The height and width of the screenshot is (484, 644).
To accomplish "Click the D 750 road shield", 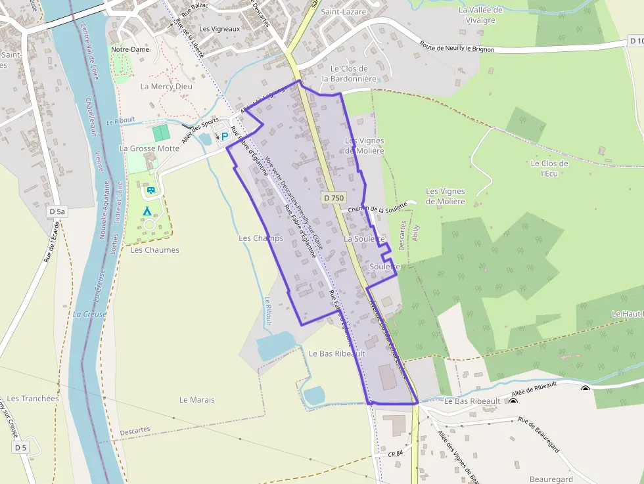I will coord(334,198).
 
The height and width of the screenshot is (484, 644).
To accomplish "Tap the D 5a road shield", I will coord(57,211).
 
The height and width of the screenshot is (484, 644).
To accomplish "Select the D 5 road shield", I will coord(21,447).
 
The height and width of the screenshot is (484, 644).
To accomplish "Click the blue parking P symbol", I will coord(225,137).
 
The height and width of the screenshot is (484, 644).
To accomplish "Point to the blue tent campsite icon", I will coord(147,211).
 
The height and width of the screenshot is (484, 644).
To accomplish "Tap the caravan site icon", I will coord(150,190).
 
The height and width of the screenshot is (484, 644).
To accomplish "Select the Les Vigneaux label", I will coord(219,29).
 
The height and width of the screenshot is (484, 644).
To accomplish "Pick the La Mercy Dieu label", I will coord(167,87).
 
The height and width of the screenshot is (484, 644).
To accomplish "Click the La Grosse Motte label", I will coord(149,148).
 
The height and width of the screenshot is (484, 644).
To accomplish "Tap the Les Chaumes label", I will coord(154,250).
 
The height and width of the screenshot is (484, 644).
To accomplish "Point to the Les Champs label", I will coord(261,238).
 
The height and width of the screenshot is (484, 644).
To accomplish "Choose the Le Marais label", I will coord(196,399).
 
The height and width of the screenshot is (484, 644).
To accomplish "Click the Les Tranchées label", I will coord(31,398).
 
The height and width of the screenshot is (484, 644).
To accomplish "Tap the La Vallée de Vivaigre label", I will coord(480,14).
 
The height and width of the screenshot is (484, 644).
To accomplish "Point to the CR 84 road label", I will coord(395,454).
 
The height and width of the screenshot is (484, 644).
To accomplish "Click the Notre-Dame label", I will coord(129,49).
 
